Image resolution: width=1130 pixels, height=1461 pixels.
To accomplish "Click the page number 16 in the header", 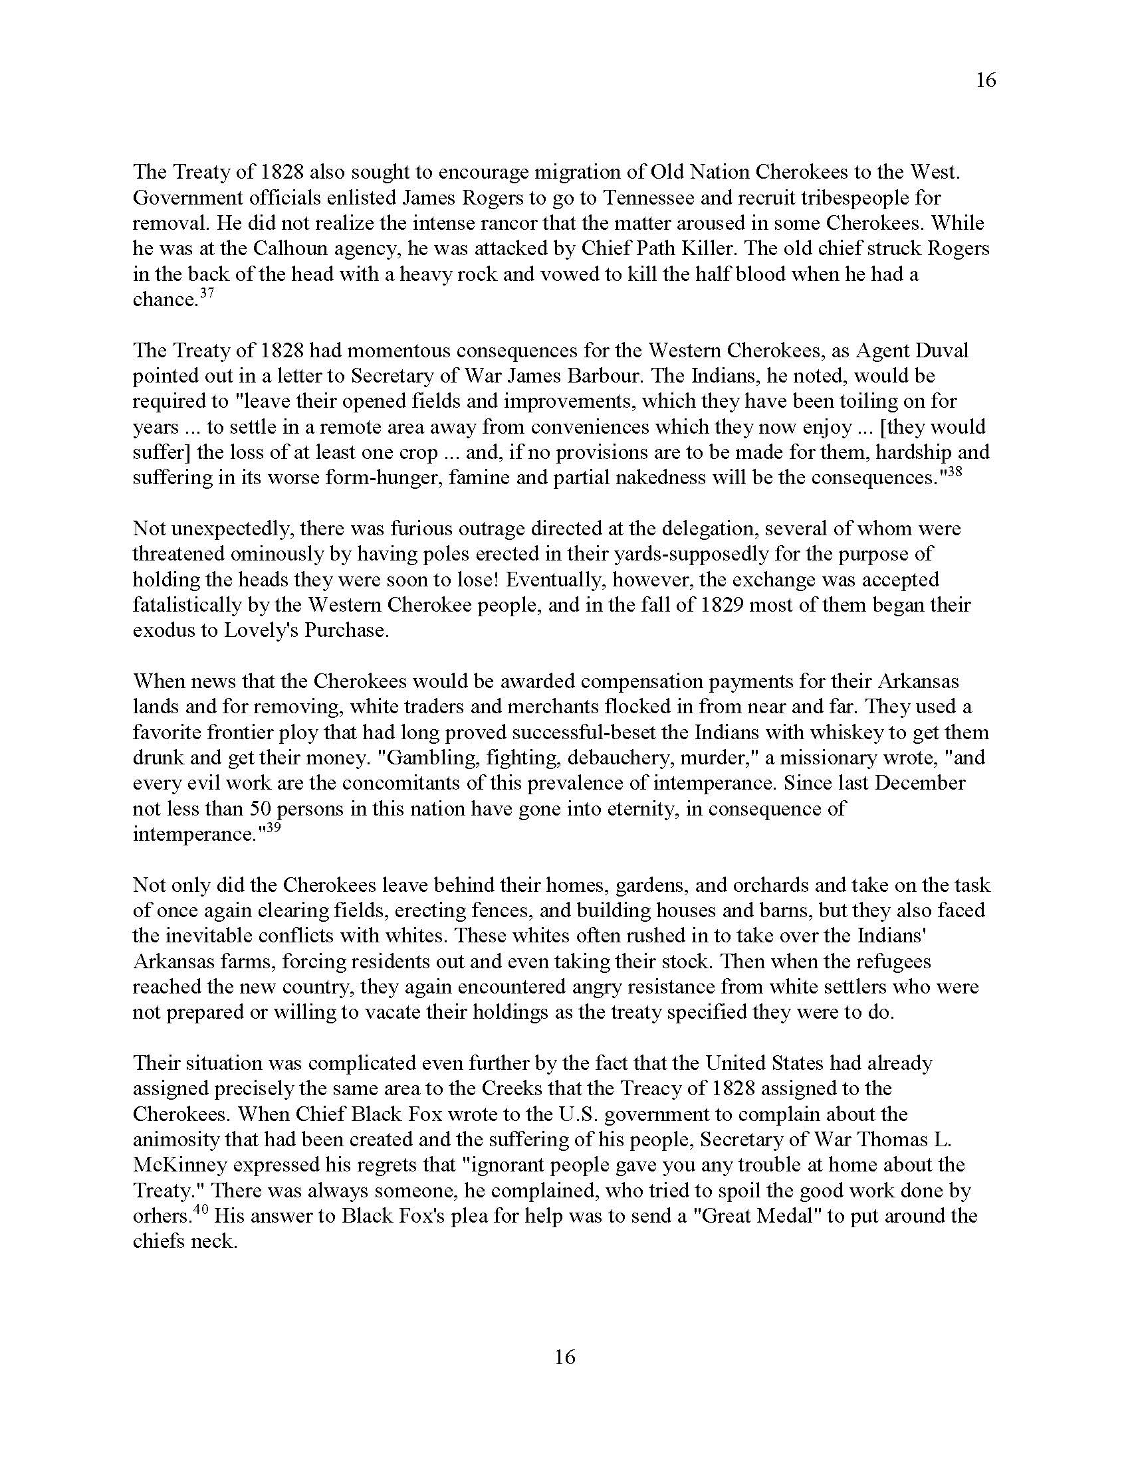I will point(985,80).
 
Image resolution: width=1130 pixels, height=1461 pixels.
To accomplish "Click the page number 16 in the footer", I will point(564,1357).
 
